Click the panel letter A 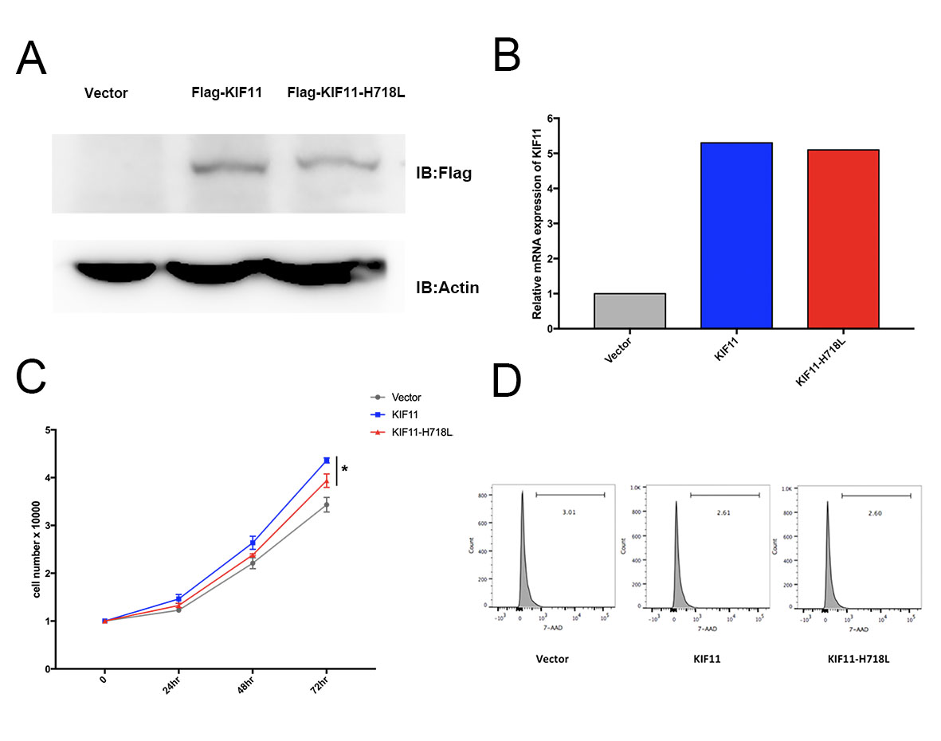pos(31,57)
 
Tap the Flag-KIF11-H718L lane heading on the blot pos(346,92)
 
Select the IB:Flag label pos(445,171)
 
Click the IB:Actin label pos(448,287)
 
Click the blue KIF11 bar pos(736,235)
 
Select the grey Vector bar pos(629,310)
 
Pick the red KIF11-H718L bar pos(843,238)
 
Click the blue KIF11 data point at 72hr pos(327,461)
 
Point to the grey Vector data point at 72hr pos(327,504)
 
